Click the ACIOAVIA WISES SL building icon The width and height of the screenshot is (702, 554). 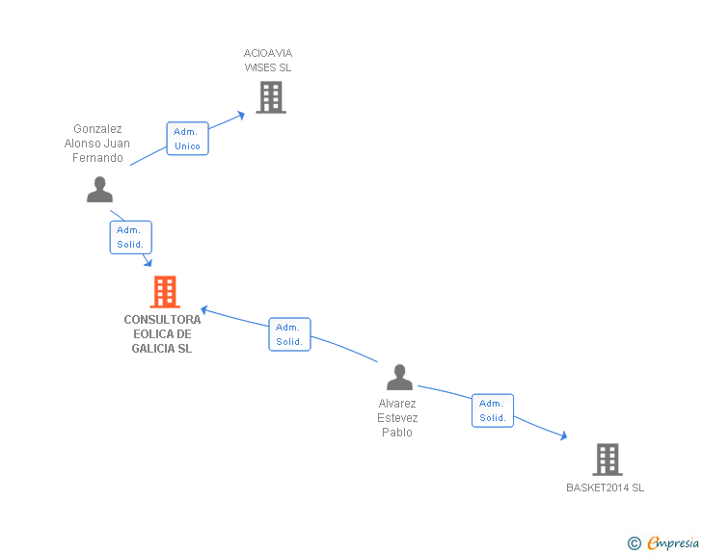click(271, 97)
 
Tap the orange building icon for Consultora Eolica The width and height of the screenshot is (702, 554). click(165, 292)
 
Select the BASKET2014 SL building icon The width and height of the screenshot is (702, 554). click(607, 460)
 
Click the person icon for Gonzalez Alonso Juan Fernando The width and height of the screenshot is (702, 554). click(99, 190)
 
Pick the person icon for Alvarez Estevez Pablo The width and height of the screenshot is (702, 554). click(399, 378)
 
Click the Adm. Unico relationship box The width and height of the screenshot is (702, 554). click(187, 139)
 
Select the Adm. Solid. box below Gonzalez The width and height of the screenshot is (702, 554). click(130, 237)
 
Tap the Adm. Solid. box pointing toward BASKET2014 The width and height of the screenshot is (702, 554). click(493, 410)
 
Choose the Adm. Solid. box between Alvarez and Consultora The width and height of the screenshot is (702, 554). click(289, 334)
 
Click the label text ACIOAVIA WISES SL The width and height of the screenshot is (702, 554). click(268, 61)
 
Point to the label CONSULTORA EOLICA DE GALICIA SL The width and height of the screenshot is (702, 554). click(162, 334)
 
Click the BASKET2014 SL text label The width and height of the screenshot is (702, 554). click(605, 488)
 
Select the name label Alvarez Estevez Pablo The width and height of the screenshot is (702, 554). click(397, 418)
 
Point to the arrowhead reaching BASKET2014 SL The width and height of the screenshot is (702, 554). click(562, 436)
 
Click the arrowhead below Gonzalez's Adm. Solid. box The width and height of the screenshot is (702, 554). click(148, 262)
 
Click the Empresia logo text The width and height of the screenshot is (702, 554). click(673, 543)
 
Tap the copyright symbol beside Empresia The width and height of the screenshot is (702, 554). click(634, 544)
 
